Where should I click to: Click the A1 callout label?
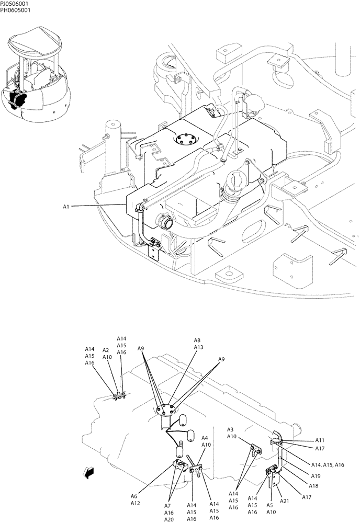pyautogui.click(x=66, y=207)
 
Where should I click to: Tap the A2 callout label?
pyautogui.click(x=106, y=350)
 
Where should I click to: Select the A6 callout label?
pyautogui.click(x=134, y=496)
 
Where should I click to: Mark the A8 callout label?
pyautogui.click(x=197, y=340)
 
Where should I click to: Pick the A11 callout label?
pyautogui.click(x=320, y=440)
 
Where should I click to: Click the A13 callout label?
pyautogui.click(x=198, y=347)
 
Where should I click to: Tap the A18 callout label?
pyautogui.click(x=313, y=486)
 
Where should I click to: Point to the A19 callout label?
pyautogui.click(x=316, y=476)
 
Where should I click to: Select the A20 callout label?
pyautogui.click(x=169, y=519)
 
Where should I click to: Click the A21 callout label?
pyautogui.click(x=284, y=501)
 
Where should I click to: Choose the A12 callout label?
pyautogui.click(x=135, y=503)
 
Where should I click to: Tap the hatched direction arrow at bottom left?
pyautogui.click(x=88, y=473)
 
